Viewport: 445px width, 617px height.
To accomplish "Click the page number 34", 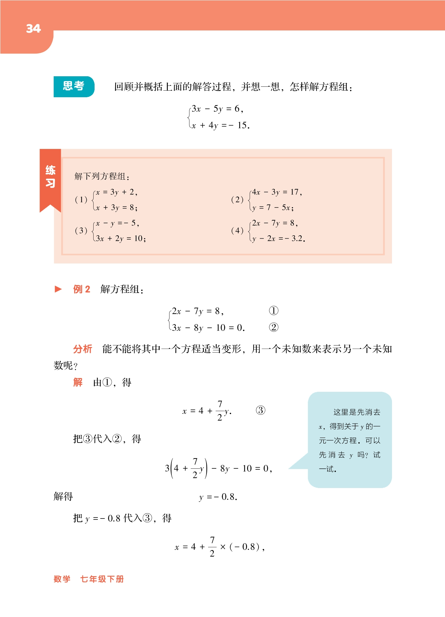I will click(33, 29).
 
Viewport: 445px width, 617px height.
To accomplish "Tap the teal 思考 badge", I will click(74, 86).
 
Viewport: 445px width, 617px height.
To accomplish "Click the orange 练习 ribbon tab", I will click(50, 177).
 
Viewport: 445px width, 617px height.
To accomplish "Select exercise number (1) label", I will click(81, 200).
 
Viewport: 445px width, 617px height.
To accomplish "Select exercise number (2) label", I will click(237, 200).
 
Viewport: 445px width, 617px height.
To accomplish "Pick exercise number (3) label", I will click(81, 231).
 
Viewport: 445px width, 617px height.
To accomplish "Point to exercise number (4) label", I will click(237, 231).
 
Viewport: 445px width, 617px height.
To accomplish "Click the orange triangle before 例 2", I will click(58, 289).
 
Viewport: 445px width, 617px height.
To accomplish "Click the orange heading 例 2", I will click(81, 289).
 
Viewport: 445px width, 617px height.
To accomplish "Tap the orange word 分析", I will click(82, 349).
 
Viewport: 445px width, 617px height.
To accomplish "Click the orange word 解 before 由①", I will click(78, 382).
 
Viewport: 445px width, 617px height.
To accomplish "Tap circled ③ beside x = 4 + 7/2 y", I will click(260, 410).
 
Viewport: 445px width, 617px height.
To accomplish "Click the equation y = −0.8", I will click(218, 497).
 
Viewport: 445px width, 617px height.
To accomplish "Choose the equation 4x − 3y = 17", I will click(277, 192).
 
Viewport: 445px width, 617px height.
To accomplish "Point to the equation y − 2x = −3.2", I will click(278, 239).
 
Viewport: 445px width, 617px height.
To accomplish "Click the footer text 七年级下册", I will click(102, 579).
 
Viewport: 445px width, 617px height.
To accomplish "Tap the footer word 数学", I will click(62, 579).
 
